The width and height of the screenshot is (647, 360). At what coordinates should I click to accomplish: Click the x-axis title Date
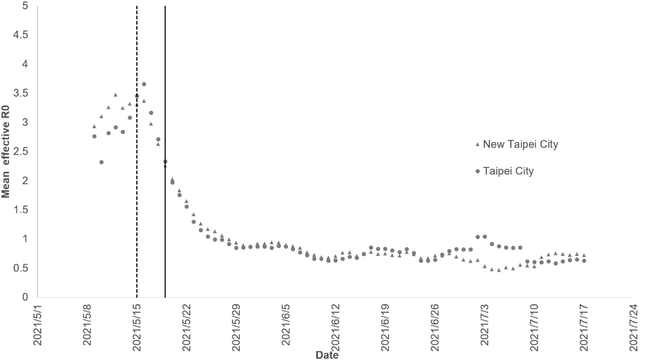click(x=327, y=355)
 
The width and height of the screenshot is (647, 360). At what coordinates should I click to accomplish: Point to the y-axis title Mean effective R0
click(x=6, y=151)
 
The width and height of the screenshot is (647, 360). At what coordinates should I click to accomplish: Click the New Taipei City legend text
click(x=521, y=145)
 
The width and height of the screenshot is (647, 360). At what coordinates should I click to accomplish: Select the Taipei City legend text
click(x=508, y=172)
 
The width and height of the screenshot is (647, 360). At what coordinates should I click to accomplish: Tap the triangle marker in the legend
click(x=477, y=145)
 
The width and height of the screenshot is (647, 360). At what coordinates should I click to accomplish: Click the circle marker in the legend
click(x=477, y=172)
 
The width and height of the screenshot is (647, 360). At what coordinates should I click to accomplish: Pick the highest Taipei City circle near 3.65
click(x=144, y=84)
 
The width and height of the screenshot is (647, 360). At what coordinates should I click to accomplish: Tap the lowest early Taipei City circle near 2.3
click(x=101, y=162)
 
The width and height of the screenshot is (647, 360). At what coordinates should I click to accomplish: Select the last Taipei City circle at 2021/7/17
click(x=584, y=261)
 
